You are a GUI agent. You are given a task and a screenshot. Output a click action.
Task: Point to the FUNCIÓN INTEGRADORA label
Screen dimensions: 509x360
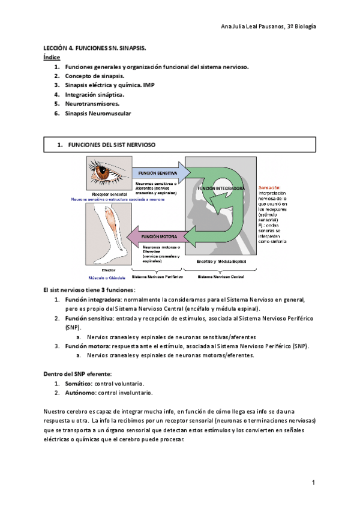(221, 188)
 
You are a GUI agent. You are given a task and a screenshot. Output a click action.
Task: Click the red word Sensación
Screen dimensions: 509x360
(269, 188)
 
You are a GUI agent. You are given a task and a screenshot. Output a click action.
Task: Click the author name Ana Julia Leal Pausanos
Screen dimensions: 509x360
(252, 27)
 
